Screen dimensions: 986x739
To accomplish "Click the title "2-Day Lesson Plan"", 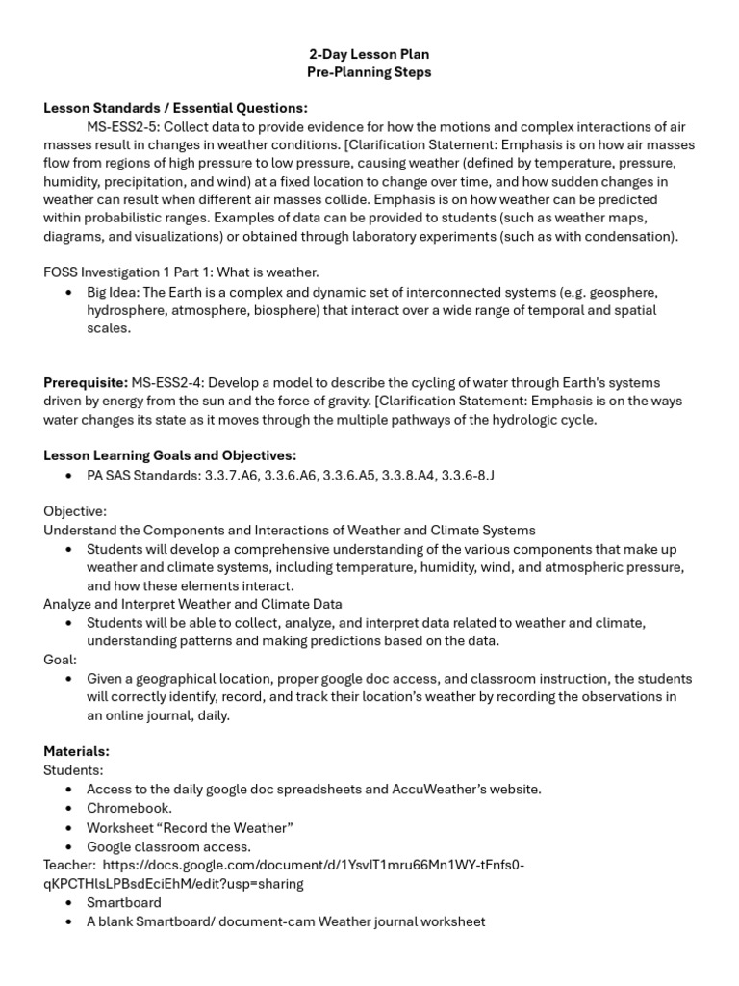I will click(x=369, y=55).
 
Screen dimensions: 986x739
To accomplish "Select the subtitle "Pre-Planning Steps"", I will click(x=369, y=73).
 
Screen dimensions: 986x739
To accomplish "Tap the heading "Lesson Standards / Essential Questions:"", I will click(x=175, y=108).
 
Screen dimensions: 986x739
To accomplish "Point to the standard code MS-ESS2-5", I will click(x=125, y=127).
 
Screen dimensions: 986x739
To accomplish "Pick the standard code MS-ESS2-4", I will click(x=168, y=383).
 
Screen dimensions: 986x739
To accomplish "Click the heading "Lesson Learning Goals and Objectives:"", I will click(x=169, y=456).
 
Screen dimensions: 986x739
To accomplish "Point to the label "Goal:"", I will click(x=60, y=660).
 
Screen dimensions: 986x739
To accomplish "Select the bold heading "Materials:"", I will click(x=76, y=751).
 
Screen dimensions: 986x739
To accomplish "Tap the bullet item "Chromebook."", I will click(x=129, y=808).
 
